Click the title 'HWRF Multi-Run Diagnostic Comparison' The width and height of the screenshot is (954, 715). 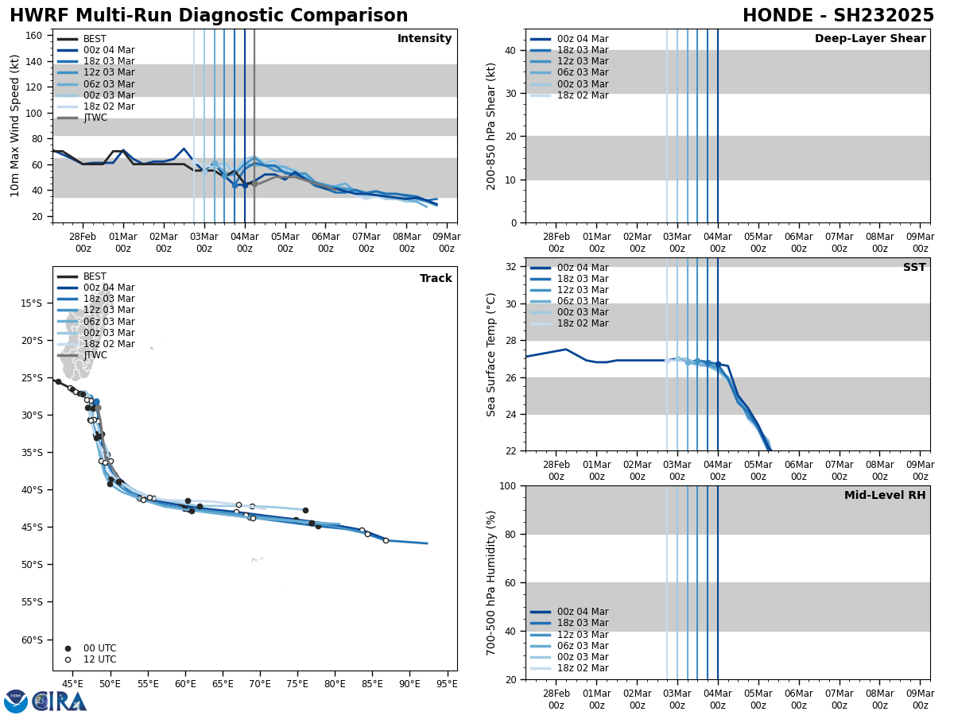(x=208, y=16)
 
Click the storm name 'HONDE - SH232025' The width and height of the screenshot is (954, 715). (x=838, y=16)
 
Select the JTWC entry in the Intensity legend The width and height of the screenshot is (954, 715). (x=95, y=118)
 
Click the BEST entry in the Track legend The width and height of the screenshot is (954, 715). (x=95, y=276)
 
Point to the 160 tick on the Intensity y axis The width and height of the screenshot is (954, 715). (x=36, y=36)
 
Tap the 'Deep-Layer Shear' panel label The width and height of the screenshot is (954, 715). (x=870, y=39)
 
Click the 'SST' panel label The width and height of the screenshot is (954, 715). (x=914, y=268)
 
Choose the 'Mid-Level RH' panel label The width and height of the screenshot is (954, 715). (x=885, y=496)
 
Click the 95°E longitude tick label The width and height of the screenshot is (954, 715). (x=447, y=683)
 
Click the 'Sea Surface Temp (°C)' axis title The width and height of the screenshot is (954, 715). (x=492, y=354)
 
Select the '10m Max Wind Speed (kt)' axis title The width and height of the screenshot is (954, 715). (x=15, y=126)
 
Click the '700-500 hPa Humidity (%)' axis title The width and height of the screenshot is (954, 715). (x=492, y=582)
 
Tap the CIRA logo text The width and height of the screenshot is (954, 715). (x=59, y=701)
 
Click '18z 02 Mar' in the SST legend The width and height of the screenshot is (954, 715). (x=583, y=323)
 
